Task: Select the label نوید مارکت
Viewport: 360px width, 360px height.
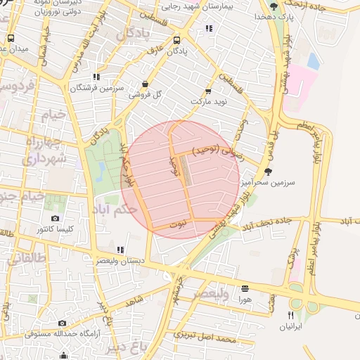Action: point(209,103)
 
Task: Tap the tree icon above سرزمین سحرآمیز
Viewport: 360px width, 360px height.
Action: point(268,171)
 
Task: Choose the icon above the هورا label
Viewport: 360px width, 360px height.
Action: point(245,288)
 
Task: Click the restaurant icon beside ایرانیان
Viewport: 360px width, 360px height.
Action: point(290,316)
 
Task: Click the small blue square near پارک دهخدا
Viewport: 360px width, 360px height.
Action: point(313,62)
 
